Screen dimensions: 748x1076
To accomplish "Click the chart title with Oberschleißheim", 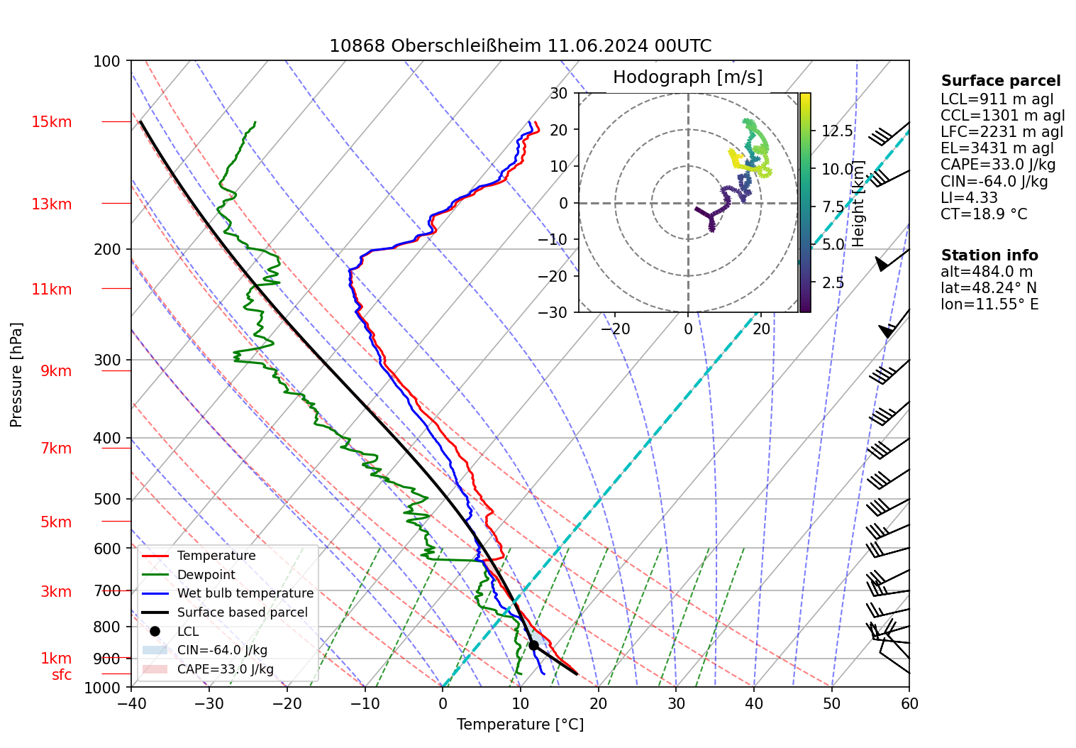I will (520, 47).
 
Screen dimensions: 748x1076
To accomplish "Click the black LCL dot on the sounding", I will (533, 645).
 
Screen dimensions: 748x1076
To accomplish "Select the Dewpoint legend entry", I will (206, 575).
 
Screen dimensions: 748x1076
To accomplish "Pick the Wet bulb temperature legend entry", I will (245, 593).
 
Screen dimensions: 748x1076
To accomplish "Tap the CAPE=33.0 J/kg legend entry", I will (225, 669).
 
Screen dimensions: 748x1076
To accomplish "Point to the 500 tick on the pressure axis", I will (108, 499).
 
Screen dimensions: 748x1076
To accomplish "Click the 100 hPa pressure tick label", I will (107, 62).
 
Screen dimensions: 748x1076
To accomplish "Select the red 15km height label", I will (51, 122).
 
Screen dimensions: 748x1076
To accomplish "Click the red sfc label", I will (62, 675).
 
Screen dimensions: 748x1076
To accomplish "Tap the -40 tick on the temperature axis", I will (131, 703).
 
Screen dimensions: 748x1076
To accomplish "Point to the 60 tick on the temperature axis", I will (909, 703).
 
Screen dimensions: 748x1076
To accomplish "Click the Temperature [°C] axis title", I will (520, 725).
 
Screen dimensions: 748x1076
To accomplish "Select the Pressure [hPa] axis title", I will (16, 375).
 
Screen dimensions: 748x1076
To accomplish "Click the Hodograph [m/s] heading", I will (687, 77).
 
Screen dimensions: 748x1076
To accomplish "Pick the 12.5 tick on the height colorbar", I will (837, 131).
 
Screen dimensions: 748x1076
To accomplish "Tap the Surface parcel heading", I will (1001, 81).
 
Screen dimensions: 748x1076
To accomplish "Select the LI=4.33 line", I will (969, 198).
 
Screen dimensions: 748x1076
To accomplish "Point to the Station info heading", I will (989, 255).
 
